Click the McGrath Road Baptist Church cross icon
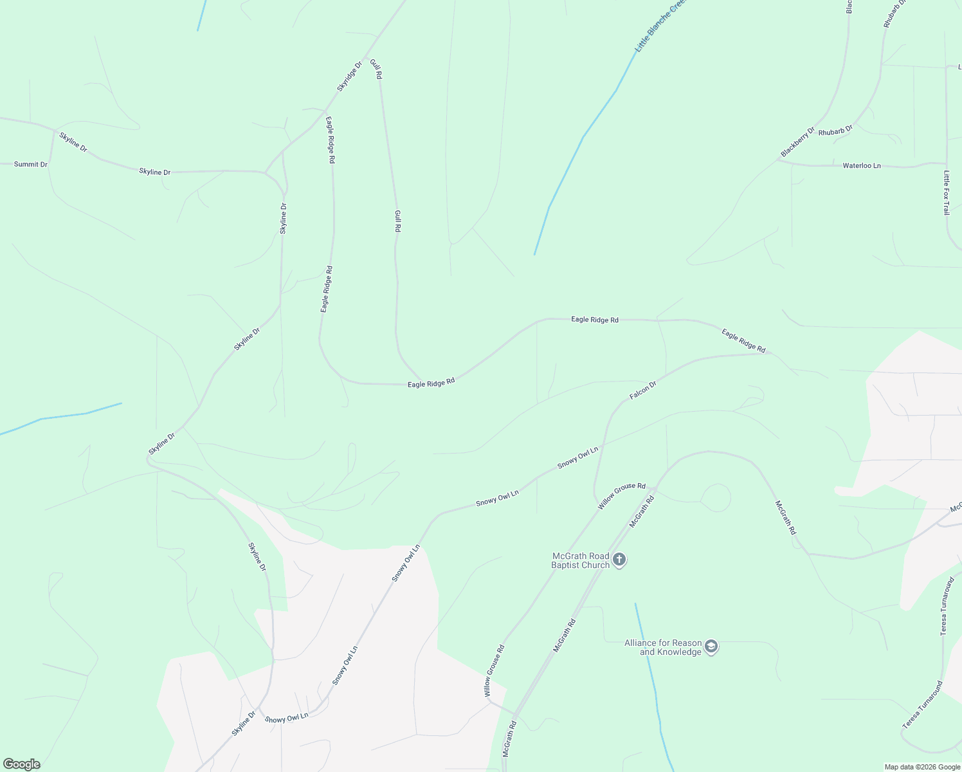pyautogui.click(x=619, y=560)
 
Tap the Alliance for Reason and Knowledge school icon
pyautogui.click(x=711, y=647)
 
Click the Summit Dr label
pyautogui.click(x=31, y=165)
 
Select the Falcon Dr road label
pyautogui.click(x=643, y=390)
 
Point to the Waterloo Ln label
pyautogui.click(x=862, y=166)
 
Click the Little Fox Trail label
pyautogui.click(x=947, y=192)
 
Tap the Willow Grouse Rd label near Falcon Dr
pyautogui.click(x=621, y=496)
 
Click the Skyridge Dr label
pyautogui.click(x=350, y=77)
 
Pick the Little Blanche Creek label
pyautogui.click(x=660, y=26)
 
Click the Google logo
pyautogui.click(x=22, y=764)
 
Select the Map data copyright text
pyautogui.click(x=921, y=767)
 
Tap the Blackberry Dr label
pyautogui.click(x=797, y=142)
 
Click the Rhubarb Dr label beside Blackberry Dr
pyautogui.click(x=835, y=131)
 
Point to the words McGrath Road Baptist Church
pyautogui.click(x=581, y=560)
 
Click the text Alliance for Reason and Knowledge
pyautogui.click(x=663, y=647)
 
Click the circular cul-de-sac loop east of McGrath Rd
pyautogui.click(x=716, y=498)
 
